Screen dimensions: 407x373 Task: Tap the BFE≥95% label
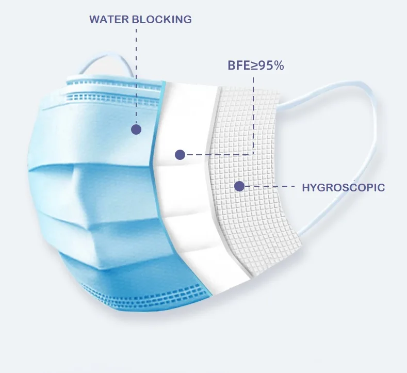pyautogui.click(x=256, y=66)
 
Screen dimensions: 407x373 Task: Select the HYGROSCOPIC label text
pyautogui.click(x=343, y=187)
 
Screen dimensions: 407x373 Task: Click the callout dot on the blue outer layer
pyautogui.click(x=136, y=129)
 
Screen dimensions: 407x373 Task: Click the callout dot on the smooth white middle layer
pyautogui.click(x=180, y=155)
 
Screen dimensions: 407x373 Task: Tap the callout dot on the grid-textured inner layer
pyautogui.click(x=239, y=186)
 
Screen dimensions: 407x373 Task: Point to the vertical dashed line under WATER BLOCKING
pyautogui.click(x=136, y=76)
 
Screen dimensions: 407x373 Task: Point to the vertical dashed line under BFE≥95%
pyautogui.click(x=253, y=116)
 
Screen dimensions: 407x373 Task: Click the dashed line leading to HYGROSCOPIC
pyautogui.click(x=270, y=186)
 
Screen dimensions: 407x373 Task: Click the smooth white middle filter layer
pyautogui.click(x=187, y=187)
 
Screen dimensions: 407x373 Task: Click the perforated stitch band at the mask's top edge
pyautogui.click(x=114, y=96)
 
